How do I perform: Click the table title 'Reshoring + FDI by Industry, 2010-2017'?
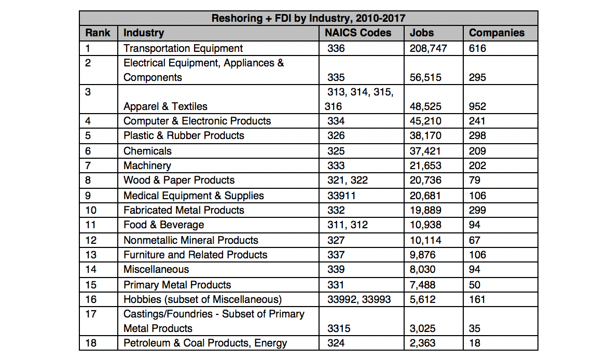click(308, 19)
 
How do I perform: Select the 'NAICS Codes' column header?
click(358, 33)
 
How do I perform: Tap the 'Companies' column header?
click(496, 33)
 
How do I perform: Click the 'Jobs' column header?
click(422, 33)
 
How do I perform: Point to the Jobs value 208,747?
click(429, 48)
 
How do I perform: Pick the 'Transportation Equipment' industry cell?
click(183, 48)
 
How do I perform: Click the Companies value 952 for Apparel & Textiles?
click(477, 106)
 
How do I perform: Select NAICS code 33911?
click(343, 196)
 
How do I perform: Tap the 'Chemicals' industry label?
click(147, 151)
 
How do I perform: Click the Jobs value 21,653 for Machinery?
click(425, 165)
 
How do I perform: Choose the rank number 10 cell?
click(91, 210)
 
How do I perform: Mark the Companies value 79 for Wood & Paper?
click(474, 180)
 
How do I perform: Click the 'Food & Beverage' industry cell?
click(163, 225)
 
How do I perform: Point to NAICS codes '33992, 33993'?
click(359, 299)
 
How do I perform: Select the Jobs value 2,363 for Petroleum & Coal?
click(423, 343)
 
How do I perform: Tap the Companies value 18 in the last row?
click(474, 343)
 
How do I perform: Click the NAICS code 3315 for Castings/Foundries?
click(339, 328)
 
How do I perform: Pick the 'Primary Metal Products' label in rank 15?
click(177, 285)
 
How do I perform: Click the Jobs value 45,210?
click(425, 121)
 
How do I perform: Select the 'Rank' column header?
click(98, 33)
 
